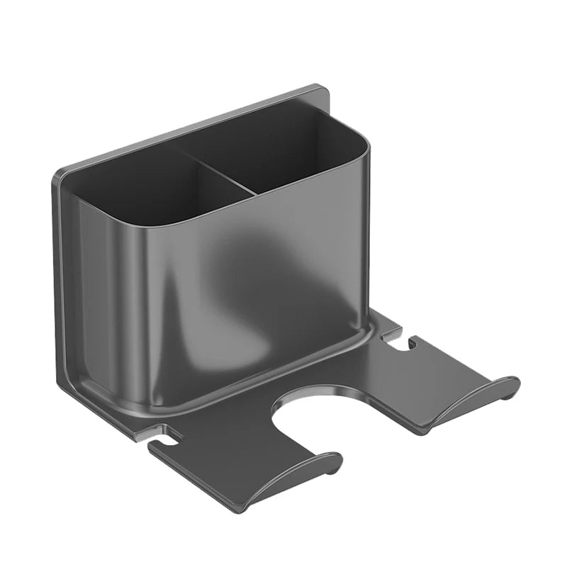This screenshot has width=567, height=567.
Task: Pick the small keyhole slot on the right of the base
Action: tap(397, 340)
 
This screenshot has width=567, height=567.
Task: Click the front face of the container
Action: tap(213, 298)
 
